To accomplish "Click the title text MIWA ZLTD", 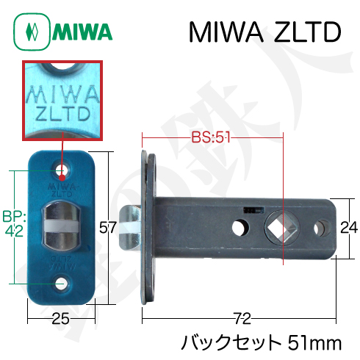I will (264, 32).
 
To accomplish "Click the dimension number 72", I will (243, 317).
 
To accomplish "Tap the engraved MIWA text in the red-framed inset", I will (62, 94).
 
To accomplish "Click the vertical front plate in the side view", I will (146, 228).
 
